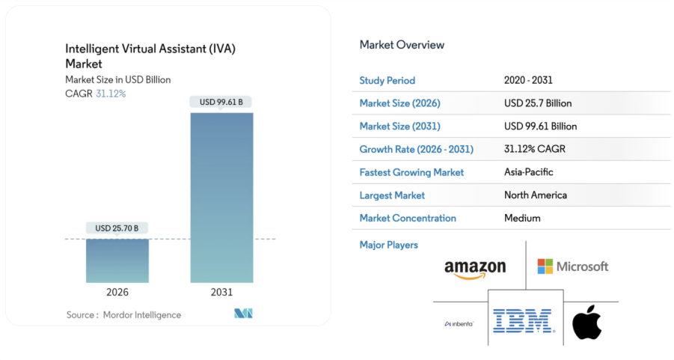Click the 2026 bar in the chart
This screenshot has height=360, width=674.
[117, 260]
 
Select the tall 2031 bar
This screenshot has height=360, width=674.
[221, 198]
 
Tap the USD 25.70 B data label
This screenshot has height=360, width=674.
[117, 228]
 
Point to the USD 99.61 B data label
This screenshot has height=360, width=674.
[221, 102]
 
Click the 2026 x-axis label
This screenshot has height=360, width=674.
[117, 292]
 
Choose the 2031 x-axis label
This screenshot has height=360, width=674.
[221, 292]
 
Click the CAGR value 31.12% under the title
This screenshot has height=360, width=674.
[111, 94]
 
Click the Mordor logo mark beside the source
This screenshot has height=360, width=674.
[243, 314]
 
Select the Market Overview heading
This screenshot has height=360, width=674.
[402, 45]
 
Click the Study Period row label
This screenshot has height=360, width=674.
[387, 80]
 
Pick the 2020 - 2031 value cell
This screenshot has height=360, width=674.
[528, 80]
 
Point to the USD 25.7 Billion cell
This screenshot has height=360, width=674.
[538, 103]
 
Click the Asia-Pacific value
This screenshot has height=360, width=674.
[529, 172]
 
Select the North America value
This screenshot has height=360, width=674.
[536, 195]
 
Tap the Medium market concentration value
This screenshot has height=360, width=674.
[522, 219]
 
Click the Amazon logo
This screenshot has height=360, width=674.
[475, 269]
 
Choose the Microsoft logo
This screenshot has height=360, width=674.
[573, 266]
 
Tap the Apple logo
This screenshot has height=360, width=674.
[587, 322]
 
